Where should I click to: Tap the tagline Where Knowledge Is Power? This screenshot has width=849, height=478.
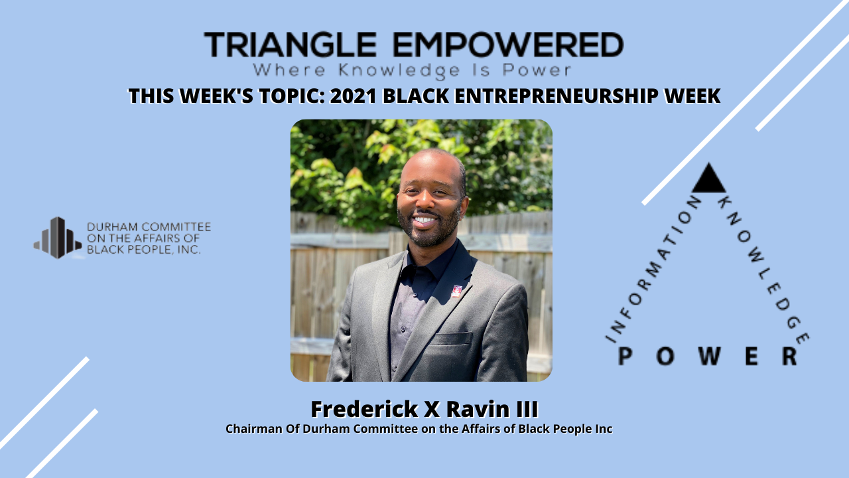tap(412, 69)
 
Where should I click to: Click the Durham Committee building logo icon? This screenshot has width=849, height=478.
tap(58, 238)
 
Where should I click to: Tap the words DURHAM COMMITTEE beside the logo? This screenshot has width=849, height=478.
tap(149, 227)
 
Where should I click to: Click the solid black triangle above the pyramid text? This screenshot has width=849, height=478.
tap(708, 179)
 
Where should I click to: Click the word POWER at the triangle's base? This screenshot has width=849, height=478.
tap(708, 357)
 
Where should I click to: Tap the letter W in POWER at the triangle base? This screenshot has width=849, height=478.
tap(708, 357)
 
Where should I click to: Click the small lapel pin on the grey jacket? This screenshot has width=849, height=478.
tap(456, 291)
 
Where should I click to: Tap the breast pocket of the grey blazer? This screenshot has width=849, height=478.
tap(452, 339)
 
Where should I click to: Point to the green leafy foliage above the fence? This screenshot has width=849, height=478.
tap(345, 166)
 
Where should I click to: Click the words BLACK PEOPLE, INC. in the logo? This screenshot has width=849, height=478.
tap(144, 250)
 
